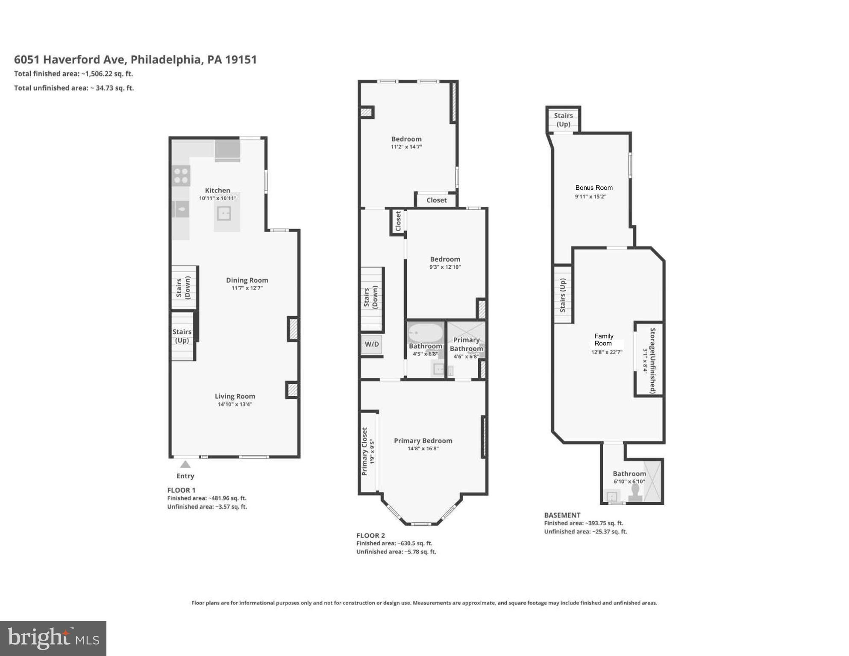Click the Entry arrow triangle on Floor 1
pos(185,465)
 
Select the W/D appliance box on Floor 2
pos(371,344)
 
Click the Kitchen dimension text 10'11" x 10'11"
pos(217,198)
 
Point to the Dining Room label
pos(247,280)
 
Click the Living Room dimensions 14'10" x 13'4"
pos(235,404)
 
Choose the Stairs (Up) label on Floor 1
pos(182,336)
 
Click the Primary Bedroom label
pos(423,441)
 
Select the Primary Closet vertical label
pos(364,451)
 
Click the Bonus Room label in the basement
pos(593,188)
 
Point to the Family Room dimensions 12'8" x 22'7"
pos(606,352)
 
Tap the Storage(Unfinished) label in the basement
pos(652,360)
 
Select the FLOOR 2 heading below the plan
pos(370,535)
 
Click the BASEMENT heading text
pos(562,515)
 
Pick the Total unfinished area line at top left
pos(74,88)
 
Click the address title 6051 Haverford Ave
pos(135,59)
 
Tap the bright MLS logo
pos(53,638)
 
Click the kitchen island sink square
pos(223,213)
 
